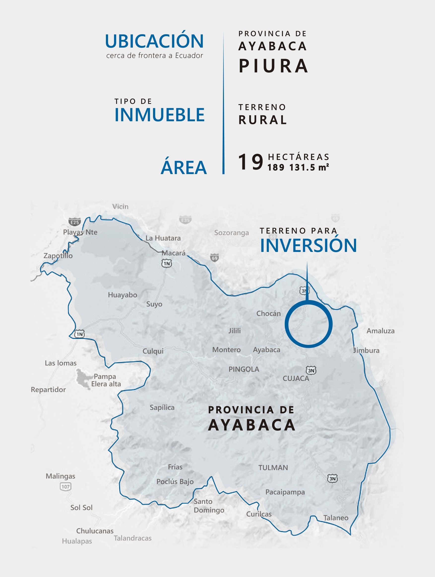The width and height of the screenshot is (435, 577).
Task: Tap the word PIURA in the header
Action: [274, 66]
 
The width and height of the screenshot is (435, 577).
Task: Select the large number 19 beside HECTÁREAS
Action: [250, 162]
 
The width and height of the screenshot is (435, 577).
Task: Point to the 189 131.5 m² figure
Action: [298, 167]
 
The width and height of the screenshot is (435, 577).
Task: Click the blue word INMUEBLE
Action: [159, 115]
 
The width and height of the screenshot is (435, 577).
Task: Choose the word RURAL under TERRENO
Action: [263, 120]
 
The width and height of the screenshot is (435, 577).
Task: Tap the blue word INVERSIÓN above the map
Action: [309, 246]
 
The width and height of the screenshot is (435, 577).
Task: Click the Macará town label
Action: [174, 253]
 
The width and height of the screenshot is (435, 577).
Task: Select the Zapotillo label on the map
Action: [58, 256]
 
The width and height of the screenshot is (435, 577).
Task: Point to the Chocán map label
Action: [268, 313]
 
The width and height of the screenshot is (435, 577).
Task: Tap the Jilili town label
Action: [235, 331]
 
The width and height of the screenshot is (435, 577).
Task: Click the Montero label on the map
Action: [226, 350]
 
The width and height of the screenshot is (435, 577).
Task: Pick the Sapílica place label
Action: [162, 407]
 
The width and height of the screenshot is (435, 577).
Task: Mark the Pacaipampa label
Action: [285, 492]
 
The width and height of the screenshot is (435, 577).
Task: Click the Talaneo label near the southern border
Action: [336, 518]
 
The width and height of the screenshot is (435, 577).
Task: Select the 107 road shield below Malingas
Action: [65, 486]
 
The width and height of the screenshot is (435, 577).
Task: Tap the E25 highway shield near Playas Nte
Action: [75, 222]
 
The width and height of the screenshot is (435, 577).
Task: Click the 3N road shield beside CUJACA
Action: [311, 370]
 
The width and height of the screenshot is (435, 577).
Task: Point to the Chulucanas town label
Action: [95, 531]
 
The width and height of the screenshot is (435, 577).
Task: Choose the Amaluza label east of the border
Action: [380, 331]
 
